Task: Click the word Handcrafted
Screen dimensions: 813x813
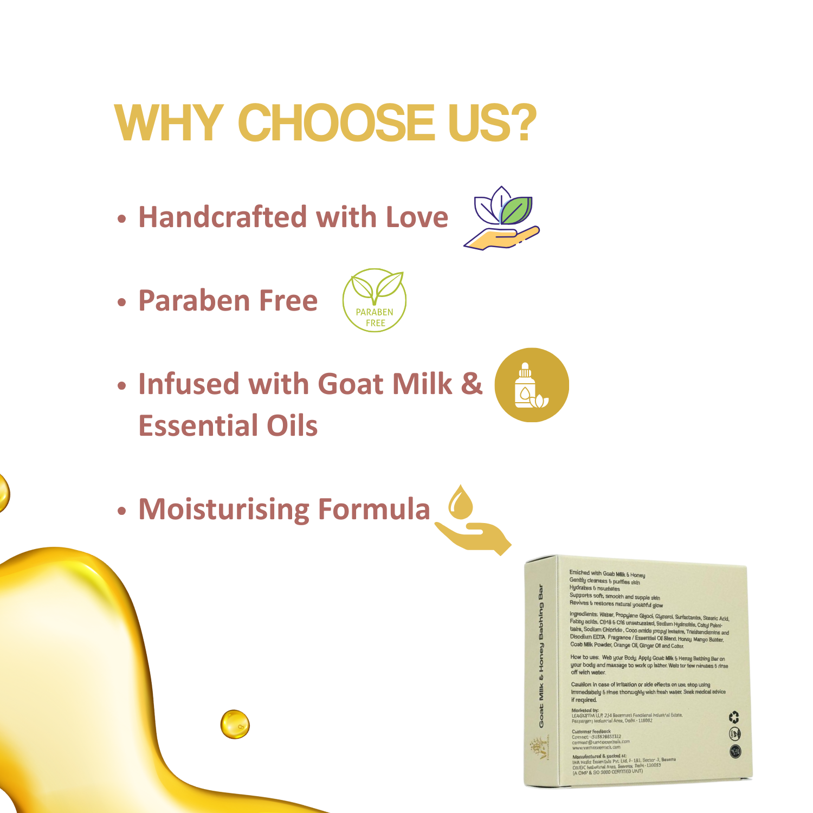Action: (x=223, y=217)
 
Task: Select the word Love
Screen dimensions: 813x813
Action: (x=417, y=217)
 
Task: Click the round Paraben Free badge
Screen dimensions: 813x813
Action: (x=375, y=300)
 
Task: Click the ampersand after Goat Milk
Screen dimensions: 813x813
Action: (x=471, y=383)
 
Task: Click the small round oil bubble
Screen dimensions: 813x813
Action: (x=235, y=724)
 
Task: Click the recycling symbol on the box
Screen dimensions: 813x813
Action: (x=734, y=718)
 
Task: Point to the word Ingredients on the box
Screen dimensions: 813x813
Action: (x=583, y=614)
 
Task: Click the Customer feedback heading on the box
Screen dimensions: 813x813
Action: (x=591, y=731)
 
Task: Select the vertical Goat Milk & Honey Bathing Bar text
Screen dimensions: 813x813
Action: (x=541, y=656)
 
